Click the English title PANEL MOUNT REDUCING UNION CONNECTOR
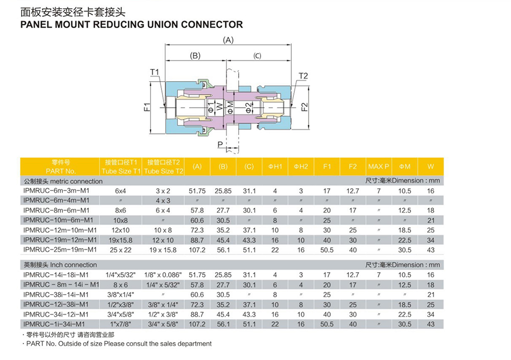click(131, 24)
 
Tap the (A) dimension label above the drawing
click(228, 40)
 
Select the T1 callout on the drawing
click(154, 72)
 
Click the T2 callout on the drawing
click(303, 76)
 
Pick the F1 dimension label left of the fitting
click(147, 107)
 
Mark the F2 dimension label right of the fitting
click(305, 107)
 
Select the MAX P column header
click(379, 166)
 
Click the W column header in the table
click(431, 166)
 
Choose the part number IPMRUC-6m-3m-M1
click(56, 190)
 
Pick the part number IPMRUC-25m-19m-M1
click(59, 249)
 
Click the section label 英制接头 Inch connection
click(60, 265)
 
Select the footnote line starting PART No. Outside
click(118, 344)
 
